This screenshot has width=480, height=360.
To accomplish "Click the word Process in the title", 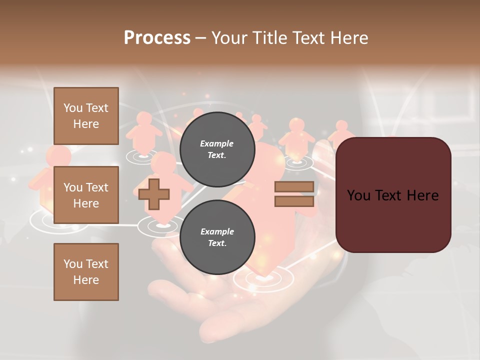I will coord(157,37).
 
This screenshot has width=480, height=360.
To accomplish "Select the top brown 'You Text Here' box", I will coord(86,116).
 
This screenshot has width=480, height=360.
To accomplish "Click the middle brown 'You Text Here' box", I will coord(86,195).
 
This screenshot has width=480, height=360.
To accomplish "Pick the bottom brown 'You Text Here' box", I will coord(86,272).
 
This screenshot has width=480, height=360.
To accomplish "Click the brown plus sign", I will coord(154,194).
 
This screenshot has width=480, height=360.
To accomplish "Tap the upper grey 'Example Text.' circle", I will coord(217,149).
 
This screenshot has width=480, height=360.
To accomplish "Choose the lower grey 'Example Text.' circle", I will coord(217,237).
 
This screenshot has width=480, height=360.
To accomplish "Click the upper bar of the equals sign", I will coord(294,186).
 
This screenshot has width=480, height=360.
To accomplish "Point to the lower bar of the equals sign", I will coord(294,201).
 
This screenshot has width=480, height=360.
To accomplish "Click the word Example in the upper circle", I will coord(217,143).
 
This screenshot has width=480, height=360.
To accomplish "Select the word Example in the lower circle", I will coord(217,231).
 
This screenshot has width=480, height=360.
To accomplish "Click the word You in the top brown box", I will coord(73,108).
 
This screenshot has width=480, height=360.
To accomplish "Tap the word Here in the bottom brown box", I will coord(86,280).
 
